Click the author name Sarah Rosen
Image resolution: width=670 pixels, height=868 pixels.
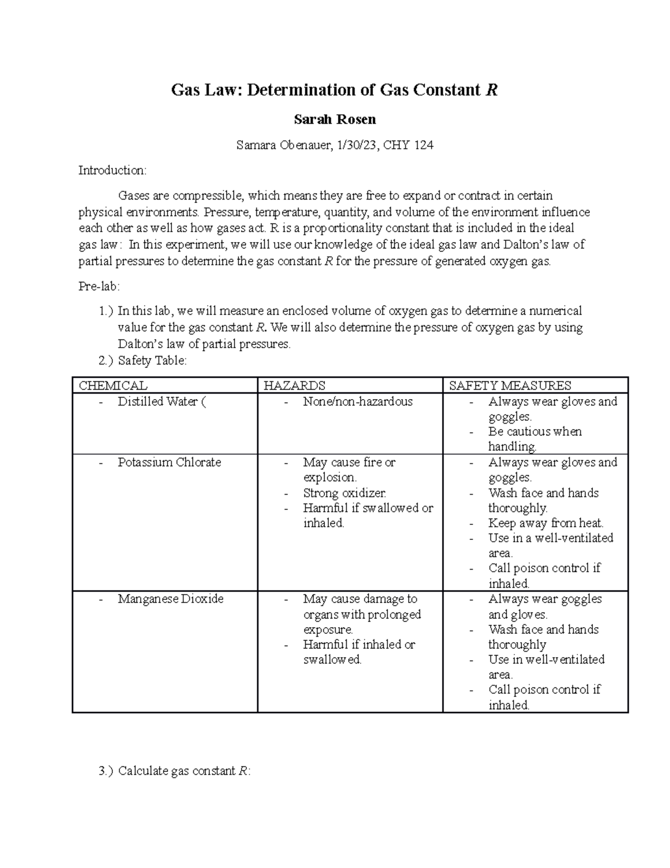point(334,120)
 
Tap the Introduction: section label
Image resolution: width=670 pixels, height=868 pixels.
point(112,170)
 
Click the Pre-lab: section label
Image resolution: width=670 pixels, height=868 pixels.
point(99,287)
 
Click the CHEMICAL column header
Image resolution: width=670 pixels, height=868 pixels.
point(113,386)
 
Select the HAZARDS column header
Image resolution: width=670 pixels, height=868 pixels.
point(294,386)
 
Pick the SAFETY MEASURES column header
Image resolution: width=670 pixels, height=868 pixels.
point(510,386)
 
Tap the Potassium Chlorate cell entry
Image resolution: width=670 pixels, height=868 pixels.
point(169,462)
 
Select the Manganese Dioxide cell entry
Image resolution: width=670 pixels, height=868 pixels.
point(170,599)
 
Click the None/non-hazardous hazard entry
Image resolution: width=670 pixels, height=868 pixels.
point(357,401)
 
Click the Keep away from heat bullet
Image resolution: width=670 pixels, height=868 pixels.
point(545,523)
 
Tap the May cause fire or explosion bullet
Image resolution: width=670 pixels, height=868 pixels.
point(349,469)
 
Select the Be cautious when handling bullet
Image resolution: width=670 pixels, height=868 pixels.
point(534,439)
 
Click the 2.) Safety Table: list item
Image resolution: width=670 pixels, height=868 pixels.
point(142,361)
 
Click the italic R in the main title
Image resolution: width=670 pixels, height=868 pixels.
point(491,90)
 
